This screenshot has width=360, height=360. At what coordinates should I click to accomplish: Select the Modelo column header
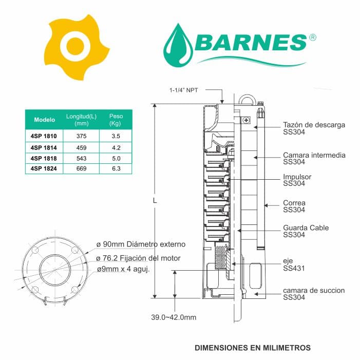(x=45, y=120)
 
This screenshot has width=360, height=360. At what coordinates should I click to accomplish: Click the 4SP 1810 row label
(x=45, y=137)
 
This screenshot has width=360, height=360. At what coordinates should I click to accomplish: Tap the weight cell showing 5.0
(x=116, y=158)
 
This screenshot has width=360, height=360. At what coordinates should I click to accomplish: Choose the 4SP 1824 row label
(x=45, y=168)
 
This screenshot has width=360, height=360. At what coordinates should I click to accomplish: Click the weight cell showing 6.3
(x=116, y=168)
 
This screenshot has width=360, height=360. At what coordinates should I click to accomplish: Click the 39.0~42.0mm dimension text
(x=173, y=317)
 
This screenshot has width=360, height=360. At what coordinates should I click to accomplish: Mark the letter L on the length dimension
(x=155, y=201)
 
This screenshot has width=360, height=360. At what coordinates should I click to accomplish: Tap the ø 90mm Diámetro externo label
(x=140, y=244)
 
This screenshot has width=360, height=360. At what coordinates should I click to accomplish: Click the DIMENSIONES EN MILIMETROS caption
(x=253, y=348)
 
